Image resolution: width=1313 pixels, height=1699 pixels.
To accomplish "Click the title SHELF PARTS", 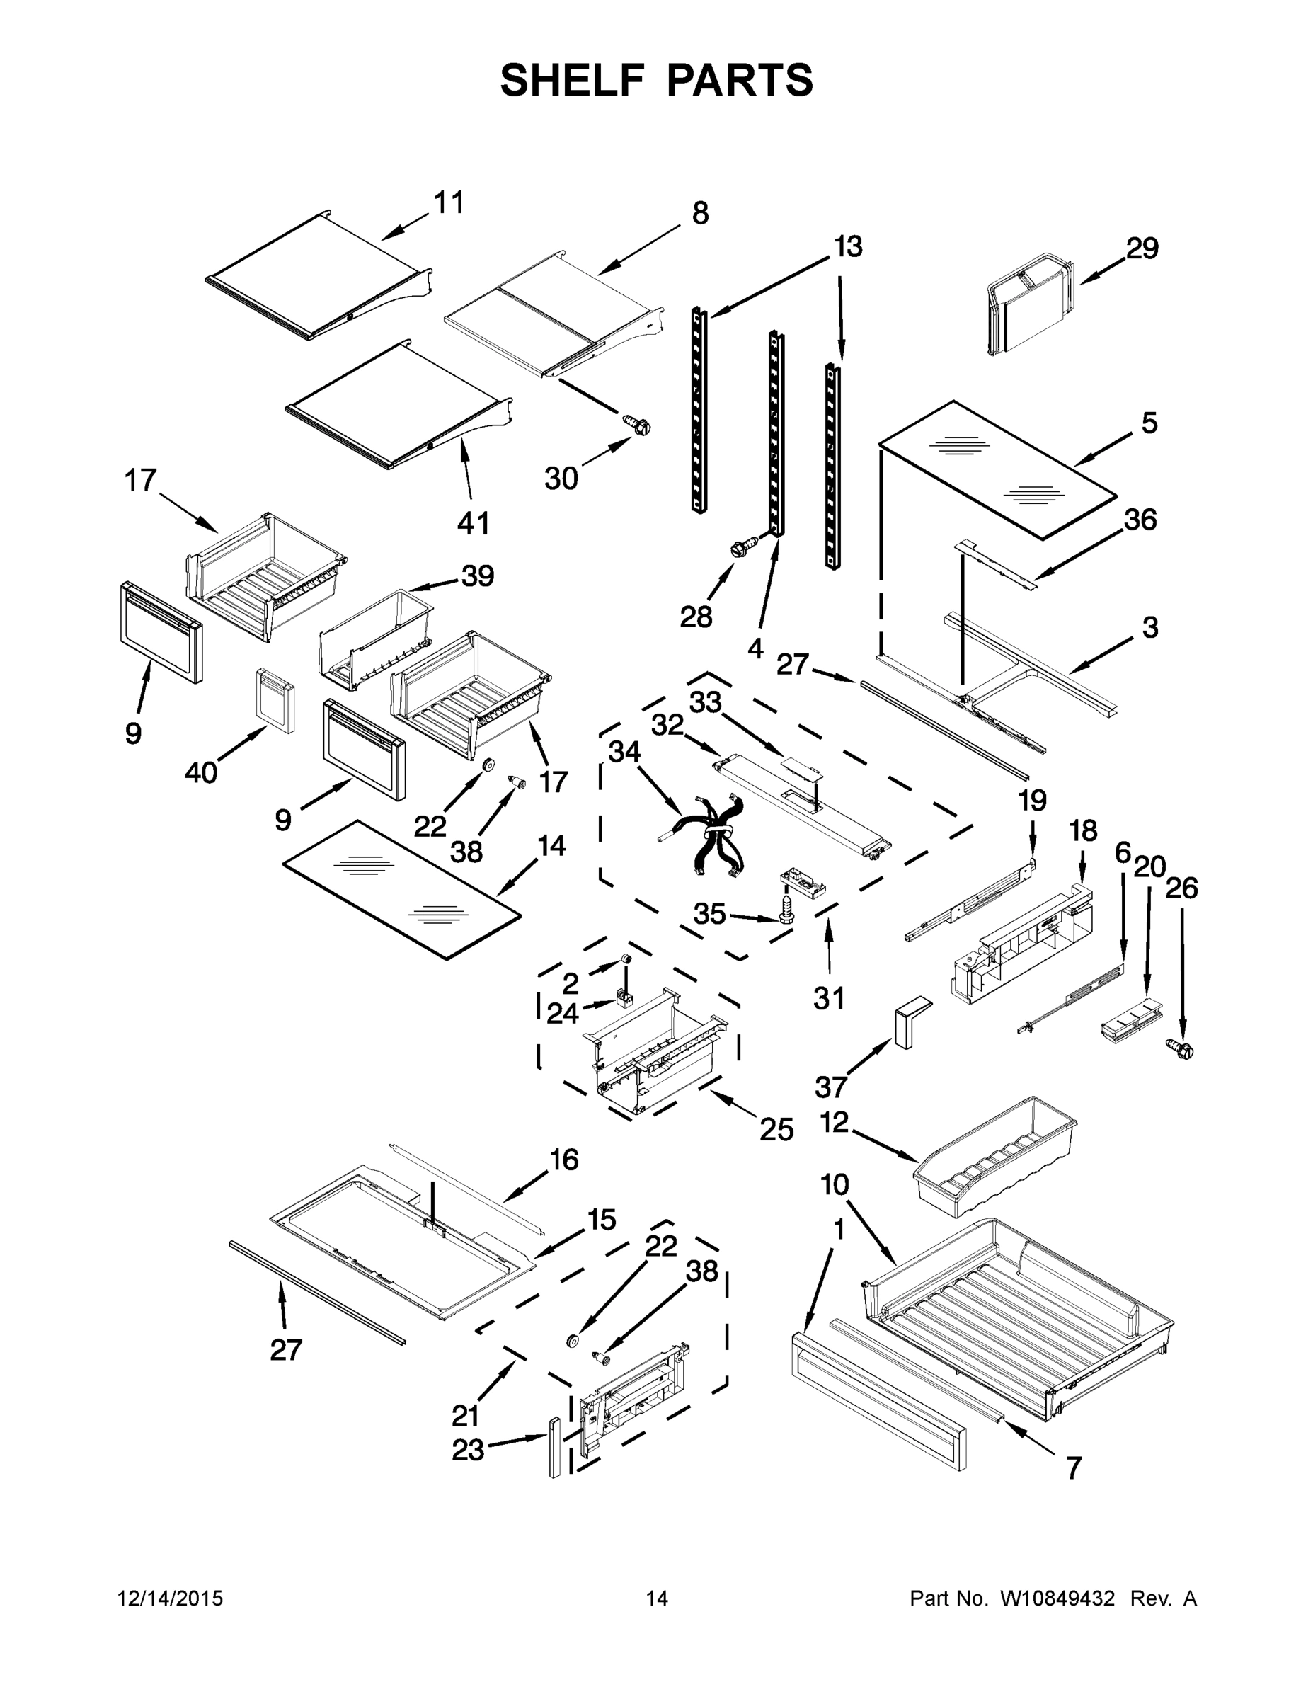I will click(x=655, y=80).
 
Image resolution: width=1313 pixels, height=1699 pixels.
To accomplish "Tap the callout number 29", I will click(x=1142, y=248).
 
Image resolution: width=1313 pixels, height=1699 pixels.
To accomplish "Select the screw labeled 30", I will click(x=637, y=425).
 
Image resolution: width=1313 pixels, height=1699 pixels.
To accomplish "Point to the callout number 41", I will click(x=473, y=522).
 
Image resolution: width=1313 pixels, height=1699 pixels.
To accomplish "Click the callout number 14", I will click(x=551, y=846).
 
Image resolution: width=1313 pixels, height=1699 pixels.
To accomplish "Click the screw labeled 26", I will click(x=1180, y=1051).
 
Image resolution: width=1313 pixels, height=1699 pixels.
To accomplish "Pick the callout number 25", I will click(x=776, y=1129).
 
